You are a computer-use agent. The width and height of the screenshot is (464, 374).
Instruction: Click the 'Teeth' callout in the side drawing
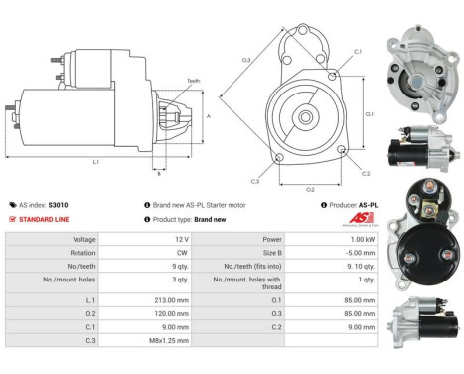pyautogui.click(x=194, y=81)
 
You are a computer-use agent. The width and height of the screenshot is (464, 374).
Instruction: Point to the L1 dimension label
pyautogui.click(x=95, y=161)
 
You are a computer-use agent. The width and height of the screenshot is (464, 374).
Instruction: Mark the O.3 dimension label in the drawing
pyautogui.click(x=245, y=60)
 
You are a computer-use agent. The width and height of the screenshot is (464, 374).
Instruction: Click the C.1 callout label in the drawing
pyautogui.click(x=357, y=51)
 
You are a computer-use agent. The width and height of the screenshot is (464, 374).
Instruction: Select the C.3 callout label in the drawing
pyautogui.click(x=255, y=181)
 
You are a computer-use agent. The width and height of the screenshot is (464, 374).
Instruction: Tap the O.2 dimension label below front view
pyautogui.click(x=309, y=188)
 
